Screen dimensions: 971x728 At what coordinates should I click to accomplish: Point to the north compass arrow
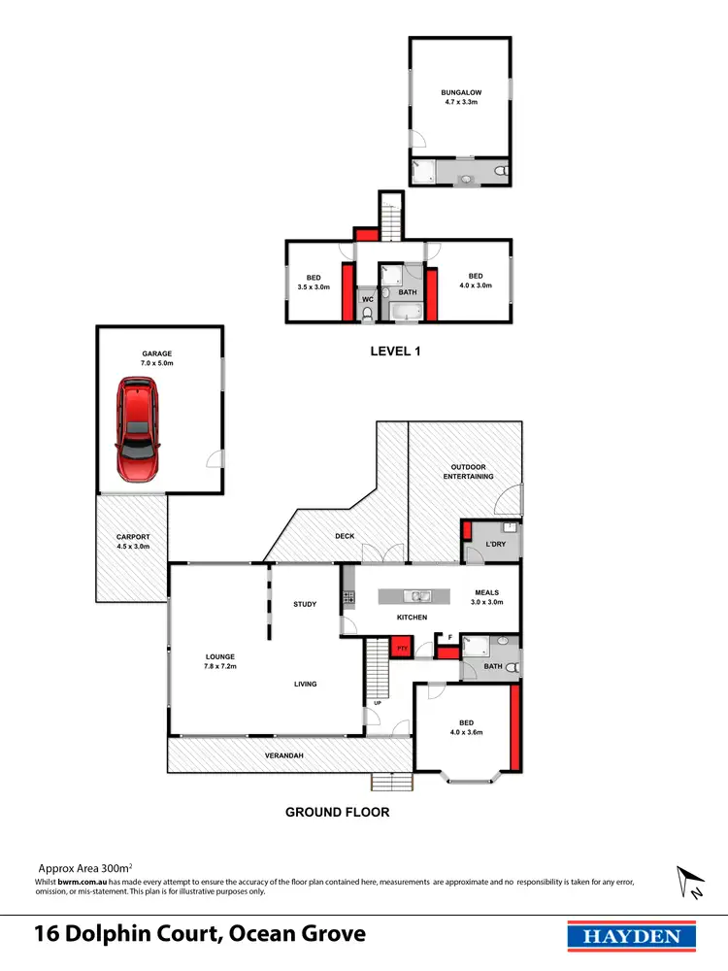[x=692, y=882]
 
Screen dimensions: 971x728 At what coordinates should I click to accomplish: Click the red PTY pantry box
[x=399, y=647]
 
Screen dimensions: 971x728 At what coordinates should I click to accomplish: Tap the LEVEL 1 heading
[x=395, y=352]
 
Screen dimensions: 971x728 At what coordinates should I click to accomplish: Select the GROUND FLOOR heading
[x=337, y=812]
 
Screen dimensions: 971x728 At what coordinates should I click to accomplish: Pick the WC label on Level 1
[x=367, y=300]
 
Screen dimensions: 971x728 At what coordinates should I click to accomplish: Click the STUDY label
[x=305, y=605]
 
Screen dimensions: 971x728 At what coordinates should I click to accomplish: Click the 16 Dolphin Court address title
[x=200, y=935]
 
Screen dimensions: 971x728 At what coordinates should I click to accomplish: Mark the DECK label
[x=345, y=535]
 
